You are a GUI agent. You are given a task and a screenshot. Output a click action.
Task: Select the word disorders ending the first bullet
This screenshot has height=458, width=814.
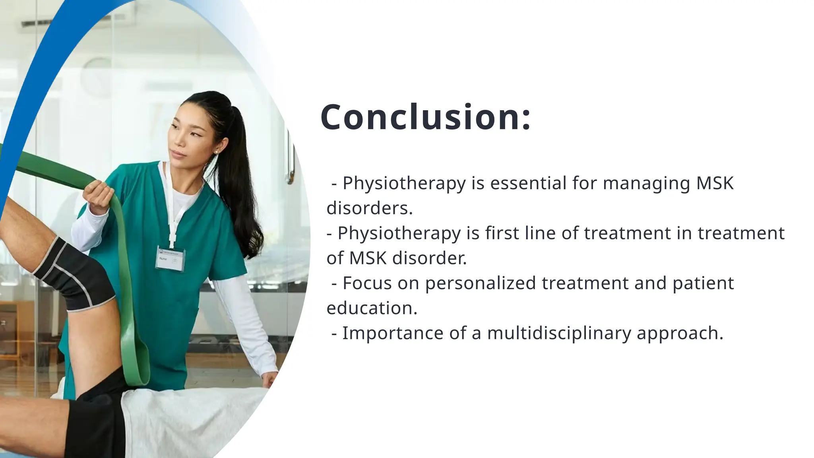369,208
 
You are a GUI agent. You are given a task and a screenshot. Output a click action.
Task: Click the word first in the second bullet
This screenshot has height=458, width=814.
502,233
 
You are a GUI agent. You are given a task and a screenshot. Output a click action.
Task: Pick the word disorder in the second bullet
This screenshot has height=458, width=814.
429,258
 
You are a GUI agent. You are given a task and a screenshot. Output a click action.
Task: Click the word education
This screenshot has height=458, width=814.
372,308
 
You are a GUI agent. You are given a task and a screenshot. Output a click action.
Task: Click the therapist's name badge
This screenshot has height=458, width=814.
170,259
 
